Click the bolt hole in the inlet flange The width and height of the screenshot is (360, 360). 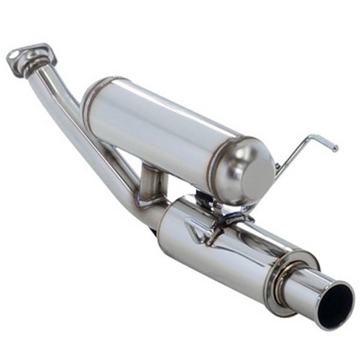[x=14, y=56]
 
